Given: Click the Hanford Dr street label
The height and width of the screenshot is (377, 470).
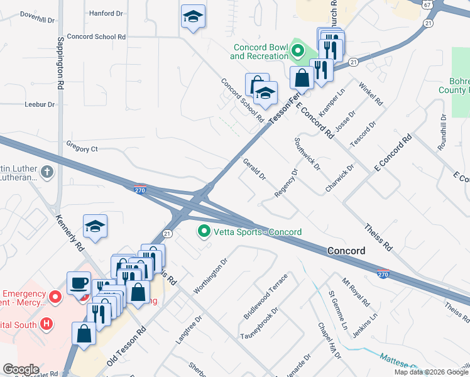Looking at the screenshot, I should point(106,13).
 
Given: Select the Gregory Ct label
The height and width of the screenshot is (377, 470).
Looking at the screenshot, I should point(82,149).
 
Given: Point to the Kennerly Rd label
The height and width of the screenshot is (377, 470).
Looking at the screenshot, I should point(69,235).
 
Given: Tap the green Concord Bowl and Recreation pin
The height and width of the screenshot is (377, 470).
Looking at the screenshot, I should point(297,51).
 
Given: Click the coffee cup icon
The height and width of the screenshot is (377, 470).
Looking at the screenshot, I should point(80,283).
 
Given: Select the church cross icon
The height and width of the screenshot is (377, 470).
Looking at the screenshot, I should point(47,172).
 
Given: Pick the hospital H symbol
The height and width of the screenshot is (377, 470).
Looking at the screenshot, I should point(45,324).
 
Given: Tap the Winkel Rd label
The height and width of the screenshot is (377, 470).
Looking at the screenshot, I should point(371,92).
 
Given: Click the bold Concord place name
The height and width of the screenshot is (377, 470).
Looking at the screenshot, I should point(346,251).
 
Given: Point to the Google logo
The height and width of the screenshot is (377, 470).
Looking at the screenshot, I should point(21,369).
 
